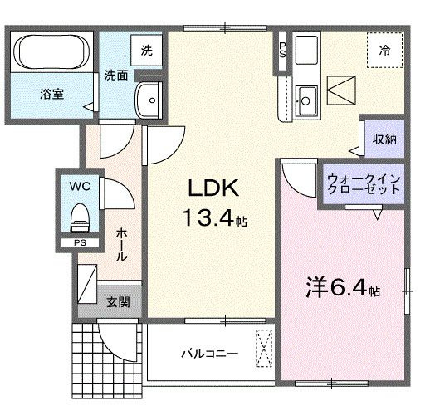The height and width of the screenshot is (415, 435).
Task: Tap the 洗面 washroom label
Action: (x=115, y=76)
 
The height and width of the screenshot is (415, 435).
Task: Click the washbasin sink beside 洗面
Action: (x=150, y=100)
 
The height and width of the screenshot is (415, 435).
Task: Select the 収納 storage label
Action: (x=384, y=139)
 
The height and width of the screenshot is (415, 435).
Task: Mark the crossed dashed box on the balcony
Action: (x=265, y=347)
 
